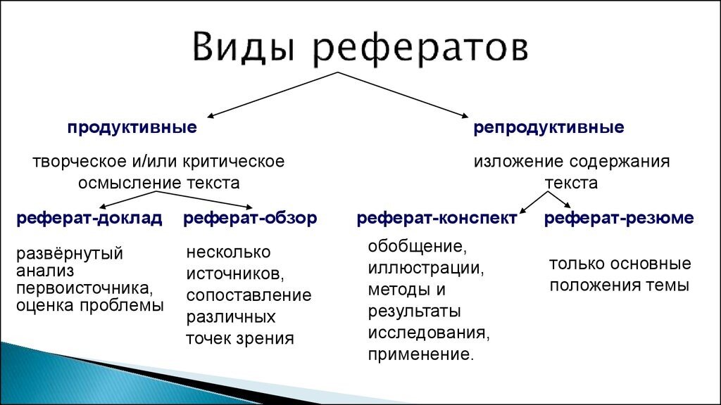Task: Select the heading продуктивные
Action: tap(132, 129)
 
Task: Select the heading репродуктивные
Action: tap(548, 128)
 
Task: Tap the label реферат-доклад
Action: tap(89, 218)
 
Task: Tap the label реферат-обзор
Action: tap(250, 218)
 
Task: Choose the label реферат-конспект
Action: tap(437, 218)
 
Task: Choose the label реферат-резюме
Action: tap(619, 218)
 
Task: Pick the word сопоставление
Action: tap(249, 295)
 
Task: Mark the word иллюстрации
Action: tap(425, 268)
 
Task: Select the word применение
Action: tap(420, 354)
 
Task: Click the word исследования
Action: tap(428, 332)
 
